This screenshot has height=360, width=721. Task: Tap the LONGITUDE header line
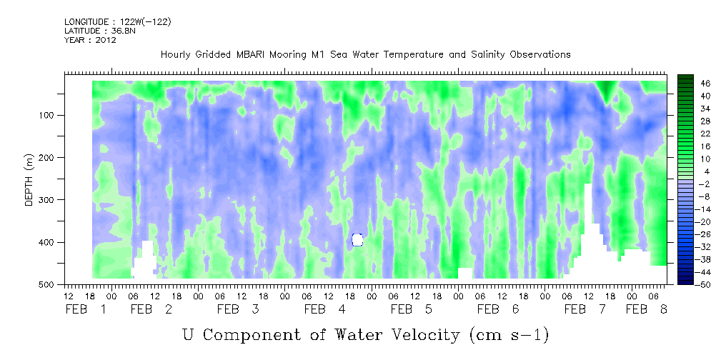(118, 22)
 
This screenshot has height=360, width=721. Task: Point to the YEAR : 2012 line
(90, 39)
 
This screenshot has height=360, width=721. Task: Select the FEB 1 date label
(86, 310)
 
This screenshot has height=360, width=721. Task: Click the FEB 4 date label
(325, 310)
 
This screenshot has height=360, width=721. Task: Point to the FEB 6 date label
(498, 310)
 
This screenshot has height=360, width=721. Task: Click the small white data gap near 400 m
(357, 239)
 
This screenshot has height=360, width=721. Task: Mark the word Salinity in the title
(487, 55)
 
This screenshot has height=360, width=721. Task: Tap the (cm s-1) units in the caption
(509, 336)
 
